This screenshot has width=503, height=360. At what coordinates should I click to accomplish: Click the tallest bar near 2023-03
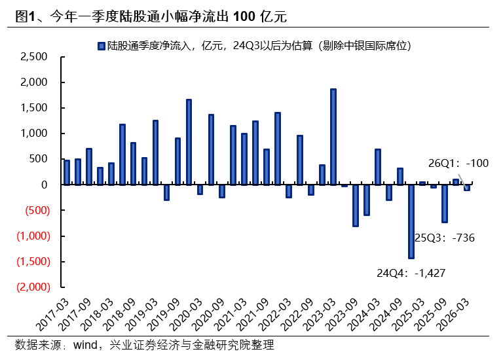(x=333, y=137)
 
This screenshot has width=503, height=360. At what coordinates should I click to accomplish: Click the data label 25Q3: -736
(x=445, y=238)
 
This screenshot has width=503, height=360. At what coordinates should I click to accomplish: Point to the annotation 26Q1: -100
(x=458, y=162)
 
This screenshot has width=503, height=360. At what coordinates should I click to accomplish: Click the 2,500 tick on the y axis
(x=34, y=57)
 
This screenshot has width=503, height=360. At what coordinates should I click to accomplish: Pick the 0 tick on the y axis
(x=45, y=185)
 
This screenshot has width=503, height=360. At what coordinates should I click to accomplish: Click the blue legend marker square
(x=102, y=45)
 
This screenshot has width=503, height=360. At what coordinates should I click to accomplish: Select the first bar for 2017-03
(x=67, y=172)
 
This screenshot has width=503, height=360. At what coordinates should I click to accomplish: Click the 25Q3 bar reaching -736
(x=445, y=204)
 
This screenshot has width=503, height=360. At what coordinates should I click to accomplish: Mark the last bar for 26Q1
(x=467, y=187)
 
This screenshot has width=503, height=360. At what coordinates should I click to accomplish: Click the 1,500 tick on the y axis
(x=34, y=108)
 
